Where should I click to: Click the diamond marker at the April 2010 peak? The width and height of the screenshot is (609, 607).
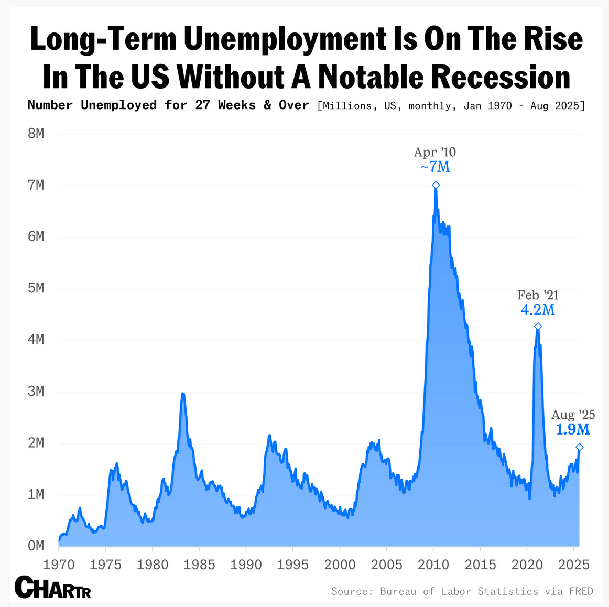436,185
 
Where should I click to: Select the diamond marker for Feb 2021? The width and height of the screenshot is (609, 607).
538,327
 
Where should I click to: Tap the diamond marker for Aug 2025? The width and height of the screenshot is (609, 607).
580,447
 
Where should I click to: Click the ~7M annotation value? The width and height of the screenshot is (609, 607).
435,167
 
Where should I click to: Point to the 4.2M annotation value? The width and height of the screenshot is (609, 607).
538,310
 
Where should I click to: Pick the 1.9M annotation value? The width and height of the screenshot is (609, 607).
573,430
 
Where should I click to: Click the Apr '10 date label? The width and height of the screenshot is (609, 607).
435,152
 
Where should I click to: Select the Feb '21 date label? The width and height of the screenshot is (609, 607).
538,295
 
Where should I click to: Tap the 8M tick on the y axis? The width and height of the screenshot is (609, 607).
36,134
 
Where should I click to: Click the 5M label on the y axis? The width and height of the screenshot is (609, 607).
36,288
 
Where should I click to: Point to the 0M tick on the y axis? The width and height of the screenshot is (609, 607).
36,546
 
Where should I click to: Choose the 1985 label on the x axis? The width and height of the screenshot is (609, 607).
199,565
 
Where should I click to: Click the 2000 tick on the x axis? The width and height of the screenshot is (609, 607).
340,565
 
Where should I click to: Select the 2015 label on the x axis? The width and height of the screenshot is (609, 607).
480,565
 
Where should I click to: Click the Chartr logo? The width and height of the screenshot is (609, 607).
53,587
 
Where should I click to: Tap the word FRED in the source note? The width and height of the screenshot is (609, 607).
581,591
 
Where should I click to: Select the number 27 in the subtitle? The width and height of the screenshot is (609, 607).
203,105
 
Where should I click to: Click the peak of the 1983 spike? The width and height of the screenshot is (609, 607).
182,393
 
